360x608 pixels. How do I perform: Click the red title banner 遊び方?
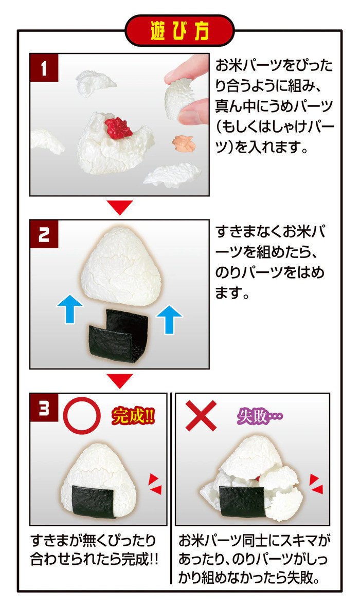[x=179, y=31]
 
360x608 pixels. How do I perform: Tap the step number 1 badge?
[x=44, y=68]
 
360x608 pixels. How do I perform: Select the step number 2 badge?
[x=44, y=234]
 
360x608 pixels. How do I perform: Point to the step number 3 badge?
[x=44, y=407]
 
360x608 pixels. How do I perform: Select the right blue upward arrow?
[x=169, y=319]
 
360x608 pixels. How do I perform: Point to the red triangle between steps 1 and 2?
[x=120, y=207]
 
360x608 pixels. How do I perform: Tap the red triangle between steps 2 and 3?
[x=120, y=380]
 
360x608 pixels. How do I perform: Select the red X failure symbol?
[x=201, y=416]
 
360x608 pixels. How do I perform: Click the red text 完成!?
[x=133, y=416]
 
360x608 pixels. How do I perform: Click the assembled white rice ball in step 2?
[x=121, y=266]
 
